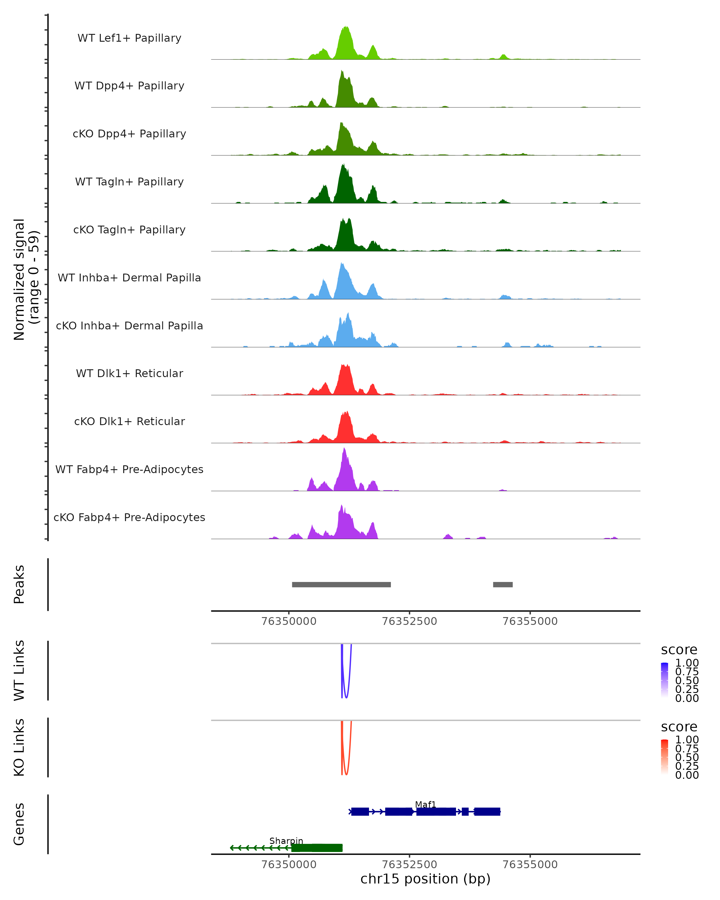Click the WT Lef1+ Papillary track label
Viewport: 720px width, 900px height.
coord(129,38)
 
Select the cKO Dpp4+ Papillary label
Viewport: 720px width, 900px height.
coord(129,133)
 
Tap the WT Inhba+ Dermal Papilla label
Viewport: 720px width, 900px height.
coord(129,277)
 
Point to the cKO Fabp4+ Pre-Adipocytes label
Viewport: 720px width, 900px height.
coord(129,517)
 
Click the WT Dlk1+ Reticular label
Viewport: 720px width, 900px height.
coord(129,373)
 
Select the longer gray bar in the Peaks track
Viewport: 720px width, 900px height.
coord(341,584)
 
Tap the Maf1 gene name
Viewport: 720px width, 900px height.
coord(425,804)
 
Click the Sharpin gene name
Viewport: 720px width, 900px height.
coord(286,841)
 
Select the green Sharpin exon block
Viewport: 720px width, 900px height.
coord(317,848)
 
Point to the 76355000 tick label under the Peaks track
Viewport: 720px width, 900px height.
coord(530,621)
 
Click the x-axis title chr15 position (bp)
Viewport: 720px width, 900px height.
coord(425,879)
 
